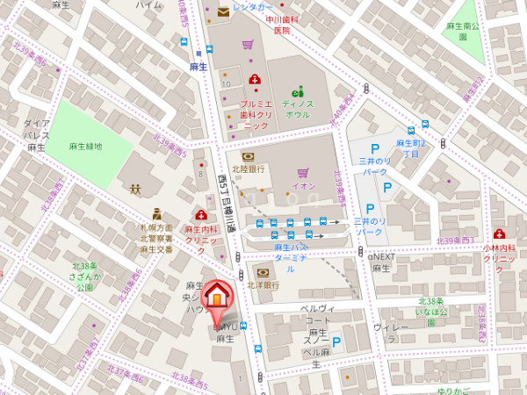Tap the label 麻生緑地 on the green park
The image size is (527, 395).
coord(86,147)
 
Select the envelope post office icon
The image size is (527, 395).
coord(223,12)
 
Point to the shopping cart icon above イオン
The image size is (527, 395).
coord(302,173)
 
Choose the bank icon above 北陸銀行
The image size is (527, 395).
coord(248,156)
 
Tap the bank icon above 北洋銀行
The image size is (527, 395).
coord(262,273)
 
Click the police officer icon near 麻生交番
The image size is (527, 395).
coord(156,213)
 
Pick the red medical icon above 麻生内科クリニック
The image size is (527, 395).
coord(201,215)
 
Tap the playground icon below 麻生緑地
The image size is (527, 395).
coord(135,188)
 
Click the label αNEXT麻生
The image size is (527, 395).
coord(383,262)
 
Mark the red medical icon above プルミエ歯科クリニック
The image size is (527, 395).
coord(255,79)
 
